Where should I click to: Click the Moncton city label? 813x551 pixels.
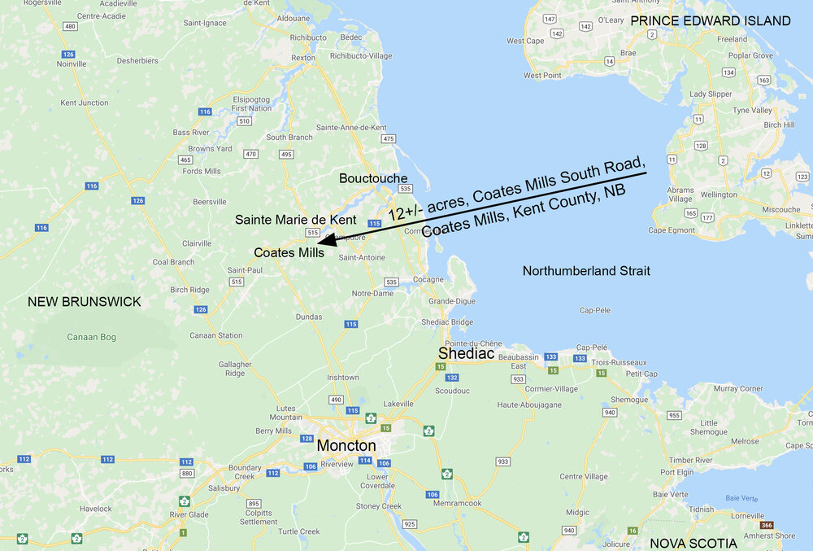[x=346, y=445]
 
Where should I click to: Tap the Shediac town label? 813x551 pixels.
[x=466, y=353]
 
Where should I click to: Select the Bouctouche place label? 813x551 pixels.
[x=373, y=178]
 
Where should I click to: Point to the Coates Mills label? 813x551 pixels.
[x=289, y=252]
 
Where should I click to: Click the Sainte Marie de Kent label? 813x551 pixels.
[x=296, y=220]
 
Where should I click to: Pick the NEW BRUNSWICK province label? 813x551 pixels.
[x=84, y=302]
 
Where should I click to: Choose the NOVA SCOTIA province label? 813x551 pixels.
[x=693, y=543]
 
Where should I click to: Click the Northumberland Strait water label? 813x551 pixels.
[x=586, y=270]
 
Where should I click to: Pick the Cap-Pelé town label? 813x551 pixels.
[x=592, y=347]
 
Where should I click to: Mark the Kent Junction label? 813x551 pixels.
[x=85, y=103]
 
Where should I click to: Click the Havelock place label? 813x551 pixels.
[x=96, y=509]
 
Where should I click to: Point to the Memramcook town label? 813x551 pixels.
[x=457, y=503]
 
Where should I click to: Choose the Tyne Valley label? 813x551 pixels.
[x=752, y=110]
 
